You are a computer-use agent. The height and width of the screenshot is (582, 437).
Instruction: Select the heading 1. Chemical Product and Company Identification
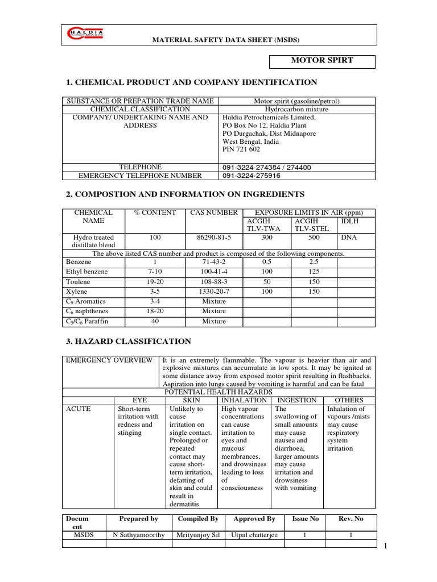(x=192, y=82)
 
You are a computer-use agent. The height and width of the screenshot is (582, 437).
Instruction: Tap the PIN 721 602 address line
(x=241, y=149)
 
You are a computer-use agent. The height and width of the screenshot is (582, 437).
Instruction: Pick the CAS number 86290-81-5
(x=209, y=238)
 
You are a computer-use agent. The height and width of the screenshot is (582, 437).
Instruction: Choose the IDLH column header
(x=348, y=221)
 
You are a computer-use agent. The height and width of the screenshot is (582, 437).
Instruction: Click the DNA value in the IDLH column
(x=348, y=238)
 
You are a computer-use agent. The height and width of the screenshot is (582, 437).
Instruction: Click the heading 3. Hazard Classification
(x=129, y=342)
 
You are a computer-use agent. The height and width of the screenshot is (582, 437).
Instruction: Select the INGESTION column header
(x=296, y=400)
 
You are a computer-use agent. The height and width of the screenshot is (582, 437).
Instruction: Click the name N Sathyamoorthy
(x=138, y=535)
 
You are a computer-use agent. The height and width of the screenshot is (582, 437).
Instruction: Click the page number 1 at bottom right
(x=385, y=546)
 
